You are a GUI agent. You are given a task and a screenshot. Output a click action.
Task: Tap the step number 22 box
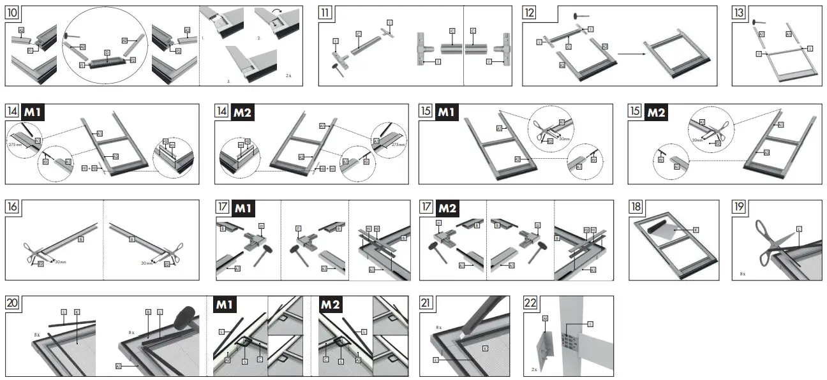click(x=530, y=303)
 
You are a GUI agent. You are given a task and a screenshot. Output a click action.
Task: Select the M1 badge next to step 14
click(x=33, y=112)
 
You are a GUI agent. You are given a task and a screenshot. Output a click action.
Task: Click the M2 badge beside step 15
click(x=657, y=112)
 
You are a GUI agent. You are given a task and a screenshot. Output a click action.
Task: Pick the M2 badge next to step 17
click(x=451, y=207)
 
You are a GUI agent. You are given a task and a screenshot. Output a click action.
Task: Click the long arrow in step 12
click(x=632, y=55)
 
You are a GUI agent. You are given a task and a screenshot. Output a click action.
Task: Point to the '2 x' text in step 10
click(x=288, y=75)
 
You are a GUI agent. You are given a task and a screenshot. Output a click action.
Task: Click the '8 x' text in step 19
click(x=742, y=273)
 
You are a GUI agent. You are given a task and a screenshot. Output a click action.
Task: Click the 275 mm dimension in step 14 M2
click(x=399, y=145)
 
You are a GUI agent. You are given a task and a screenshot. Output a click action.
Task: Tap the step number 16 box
click(x=13, y=207)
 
